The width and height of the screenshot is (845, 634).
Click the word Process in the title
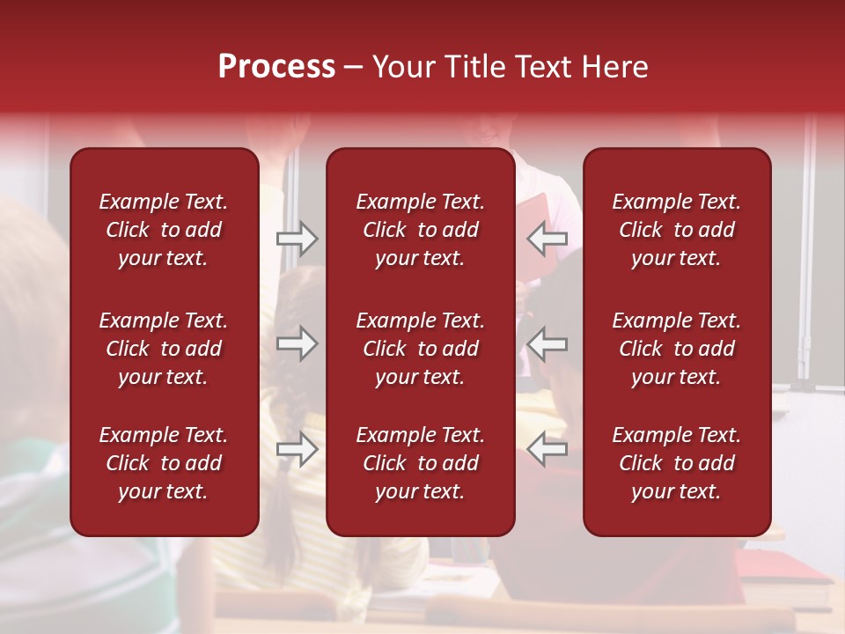276,67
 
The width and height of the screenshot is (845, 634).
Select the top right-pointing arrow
298,239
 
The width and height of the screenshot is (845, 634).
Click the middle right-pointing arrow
298,343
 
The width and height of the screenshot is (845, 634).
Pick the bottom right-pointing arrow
298,449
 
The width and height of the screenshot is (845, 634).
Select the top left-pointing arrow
547,239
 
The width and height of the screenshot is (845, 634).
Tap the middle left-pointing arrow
547,343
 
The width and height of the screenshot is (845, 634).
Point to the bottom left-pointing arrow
547,449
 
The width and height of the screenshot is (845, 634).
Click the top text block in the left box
164,230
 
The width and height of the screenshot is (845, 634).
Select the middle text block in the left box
164,349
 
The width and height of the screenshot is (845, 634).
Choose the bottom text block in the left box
164,463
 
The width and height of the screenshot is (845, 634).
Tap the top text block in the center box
421,230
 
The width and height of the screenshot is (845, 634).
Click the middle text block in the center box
421,349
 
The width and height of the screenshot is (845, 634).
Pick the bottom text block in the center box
421,463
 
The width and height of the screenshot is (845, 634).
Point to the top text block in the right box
677,230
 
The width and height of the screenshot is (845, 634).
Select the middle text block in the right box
677,349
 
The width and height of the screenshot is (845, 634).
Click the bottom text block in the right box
677,463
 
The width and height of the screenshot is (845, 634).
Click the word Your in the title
402,67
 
